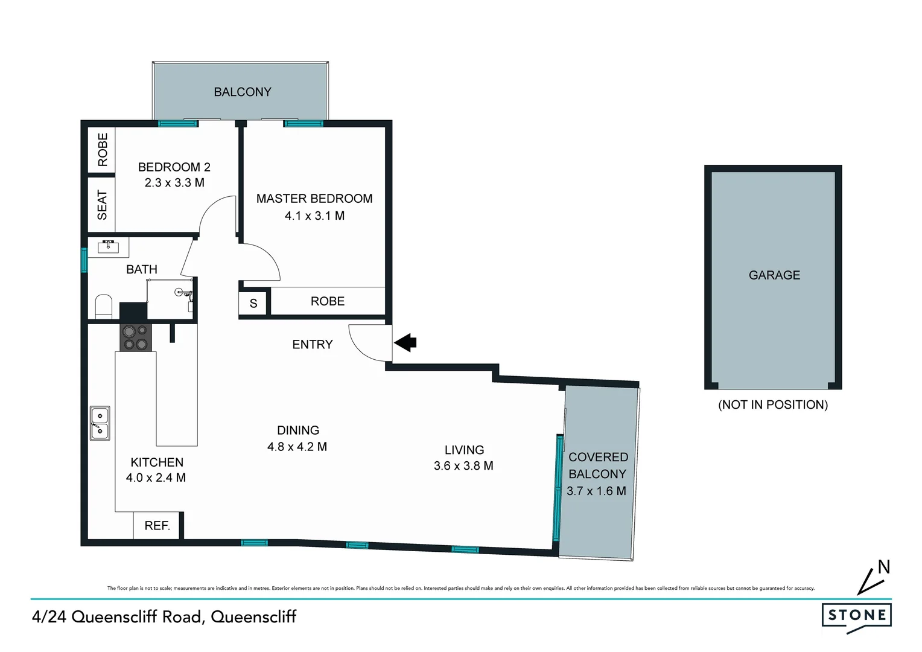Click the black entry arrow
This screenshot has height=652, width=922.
click(x=406, y=342)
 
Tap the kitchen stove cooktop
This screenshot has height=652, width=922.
click(x=135, y=337)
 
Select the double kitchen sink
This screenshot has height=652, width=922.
click(x=100, y=423)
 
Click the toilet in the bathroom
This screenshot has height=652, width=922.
click(x=104, y=306)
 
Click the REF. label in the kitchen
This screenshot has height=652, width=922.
click(x=157, y=526)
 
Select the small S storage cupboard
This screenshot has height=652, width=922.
click(x=253, y=303)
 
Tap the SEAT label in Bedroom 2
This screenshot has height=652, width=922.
click(x=102, y=205)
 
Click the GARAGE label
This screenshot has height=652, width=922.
click(x=774, y=275)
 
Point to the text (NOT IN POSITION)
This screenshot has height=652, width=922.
click(x=773, y=405)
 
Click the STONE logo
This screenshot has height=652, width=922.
click(x=857, y=616)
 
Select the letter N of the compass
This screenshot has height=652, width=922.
click(x=884, y=567)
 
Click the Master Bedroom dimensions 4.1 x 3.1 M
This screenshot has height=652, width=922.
click(x=314, y=216)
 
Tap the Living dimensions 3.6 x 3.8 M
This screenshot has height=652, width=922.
click(x=463, y=465)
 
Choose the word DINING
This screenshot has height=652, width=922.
click(x=298, y=430)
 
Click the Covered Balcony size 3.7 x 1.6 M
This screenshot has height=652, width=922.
click(x=596, y=491)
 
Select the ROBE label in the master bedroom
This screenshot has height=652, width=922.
click(x=328, y=301)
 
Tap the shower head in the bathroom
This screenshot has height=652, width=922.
click(x=179, y=292)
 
